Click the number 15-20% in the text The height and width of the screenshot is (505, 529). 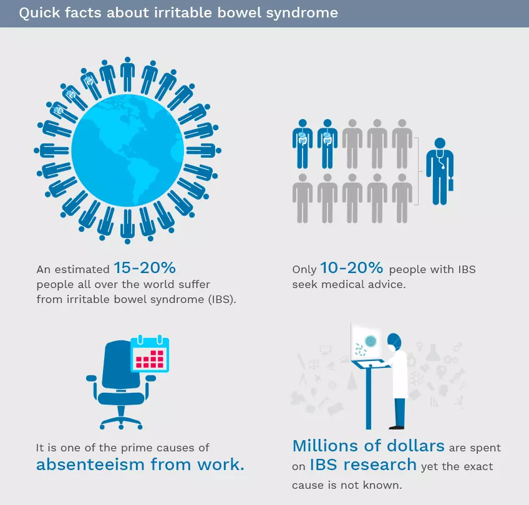coord(144,268)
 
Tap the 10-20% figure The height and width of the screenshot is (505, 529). coord(351,268)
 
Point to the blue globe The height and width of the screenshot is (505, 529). coord(127,150)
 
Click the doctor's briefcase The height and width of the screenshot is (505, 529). coord(451,184)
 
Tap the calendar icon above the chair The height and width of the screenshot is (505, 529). coord(150,353)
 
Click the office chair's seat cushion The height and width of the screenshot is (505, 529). coord(121,398)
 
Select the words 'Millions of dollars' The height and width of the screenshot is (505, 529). coord(369,446)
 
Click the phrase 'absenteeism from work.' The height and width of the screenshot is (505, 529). coord(140,464)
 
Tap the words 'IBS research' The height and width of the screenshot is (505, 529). coord(363,464)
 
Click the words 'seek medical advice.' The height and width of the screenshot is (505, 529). coord(349,284)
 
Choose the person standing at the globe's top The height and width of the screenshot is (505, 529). coord(127,74)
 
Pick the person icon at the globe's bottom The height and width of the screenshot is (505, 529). coord(127,226)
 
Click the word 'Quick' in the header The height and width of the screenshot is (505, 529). coord(39,13)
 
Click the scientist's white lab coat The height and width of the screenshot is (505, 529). coord(399,374)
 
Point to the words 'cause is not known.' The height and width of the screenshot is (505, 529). coord(347,485)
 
